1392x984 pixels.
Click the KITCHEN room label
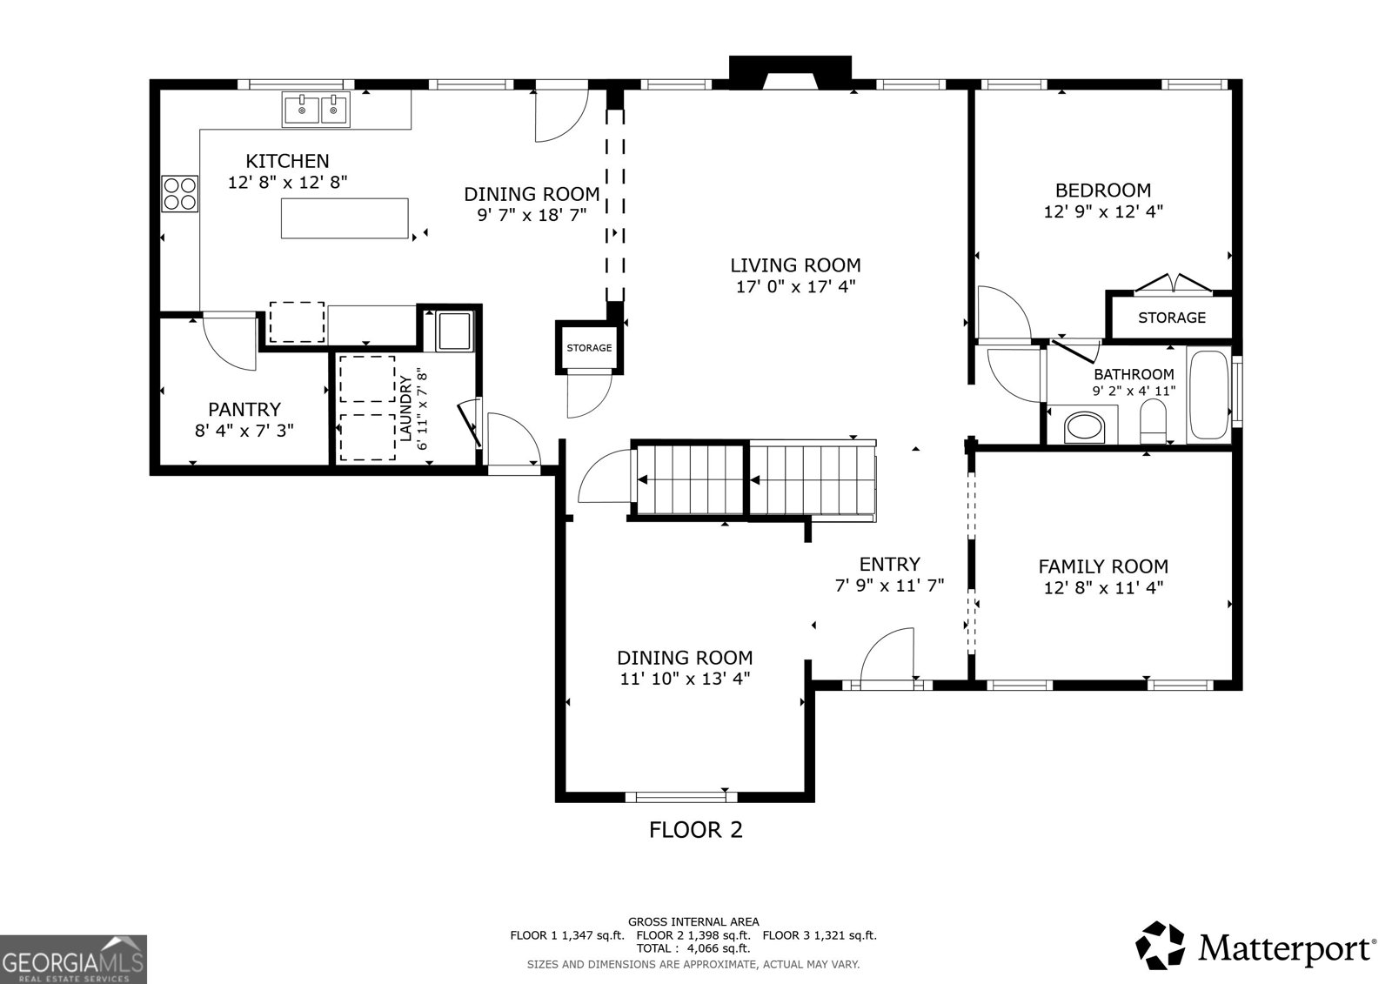[287, 161]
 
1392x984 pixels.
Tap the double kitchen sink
[316, 110]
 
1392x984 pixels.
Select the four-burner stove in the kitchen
[179, 193]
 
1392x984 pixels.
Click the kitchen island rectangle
[345, 218]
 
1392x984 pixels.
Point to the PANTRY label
[244, 410]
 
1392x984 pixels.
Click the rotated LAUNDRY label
[405, 408]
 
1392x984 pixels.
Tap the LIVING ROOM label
[795, 265]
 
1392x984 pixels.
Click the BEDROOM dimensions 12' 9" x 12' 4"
[1103, 211]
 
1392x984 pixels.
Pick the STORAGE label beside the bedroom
[1171, 318]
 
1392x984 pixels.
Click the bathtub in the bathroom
[1208, 395]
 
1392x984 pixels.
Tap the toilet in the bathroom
[1154, 421]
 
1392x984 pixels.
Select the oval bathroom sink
[1083, 427]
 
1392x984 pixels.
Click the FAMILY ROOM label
[1103, 566]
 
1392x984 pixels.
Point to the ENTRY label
[889, 564]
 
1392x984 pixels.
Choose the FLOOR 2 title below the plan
[695, 830]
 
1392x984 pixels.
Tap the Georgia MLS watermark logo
[73, 959]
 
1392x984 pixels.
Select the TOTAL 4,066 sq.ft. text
[693, 948]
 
